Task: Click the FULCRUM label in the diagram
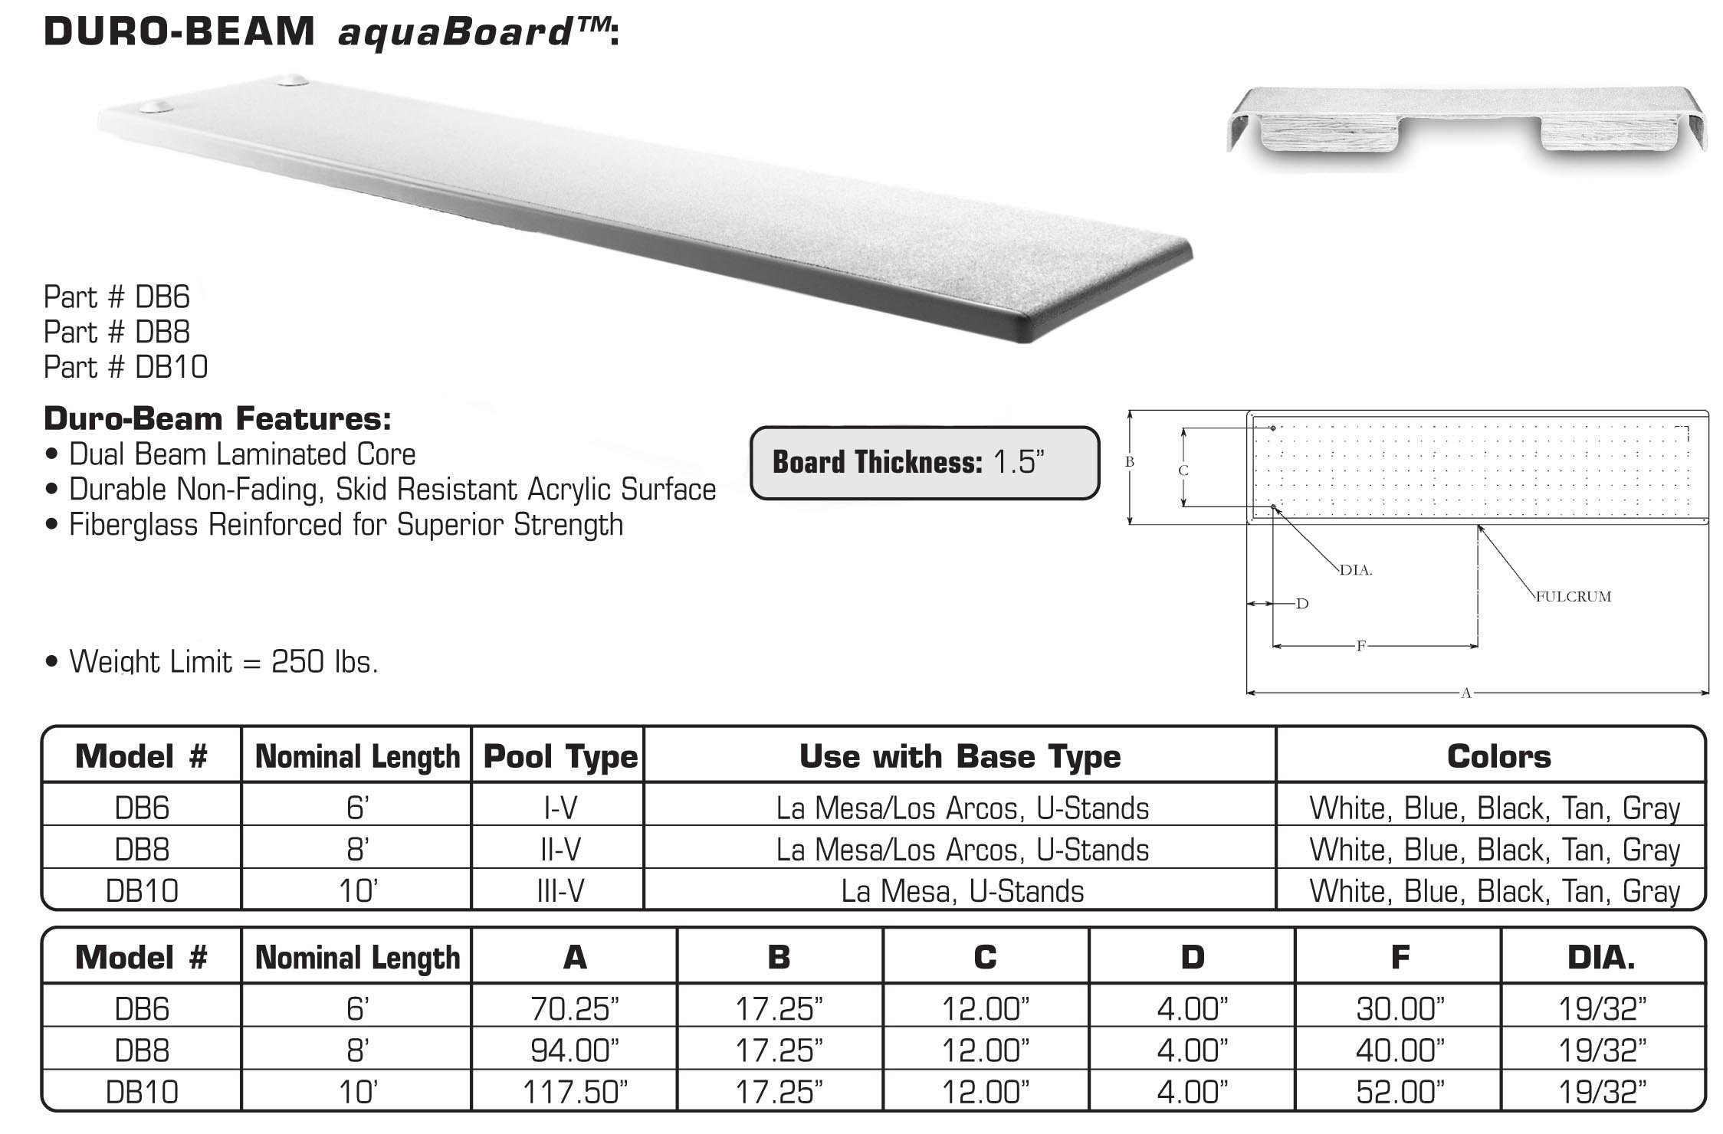pyautogui.click(x=1574, y=597)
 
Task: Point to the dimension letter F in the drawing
pyautogui.click(x=1361, y=646)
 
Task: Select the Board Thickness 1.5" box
pyautogui.click(x=924, y=463)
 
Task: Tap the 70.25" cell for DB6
pyautogui.click(x=574, y=1009)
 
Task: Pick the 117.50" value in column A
pyautogui.click(x=574, y=1091)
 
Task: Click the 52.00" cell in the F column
pyautogui.click(x=1400, y=1091)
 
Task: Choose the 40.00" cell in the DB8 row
pyautogui.click(x=1400, y=1050)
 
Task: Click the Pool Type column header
pyautogui.click(x=560, y=757)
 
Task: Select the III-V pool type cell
pyautogui.click(x=560, y=891)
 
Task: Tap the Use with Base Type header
pyautogui.click(x=960, y=757)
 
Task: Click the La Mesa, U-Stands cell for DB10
pyautogui.click(x=962, y=891)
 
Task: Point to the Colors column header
pyautogui.click(x=1498, y=757)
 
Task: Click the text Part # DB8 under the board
pyautogui.click(x=117, y=332)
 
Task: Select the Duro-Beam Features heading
pyautogui.click(x=218, y=419)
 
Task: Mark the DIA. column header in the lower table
pyautogui.click(x=1601, y=958)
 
